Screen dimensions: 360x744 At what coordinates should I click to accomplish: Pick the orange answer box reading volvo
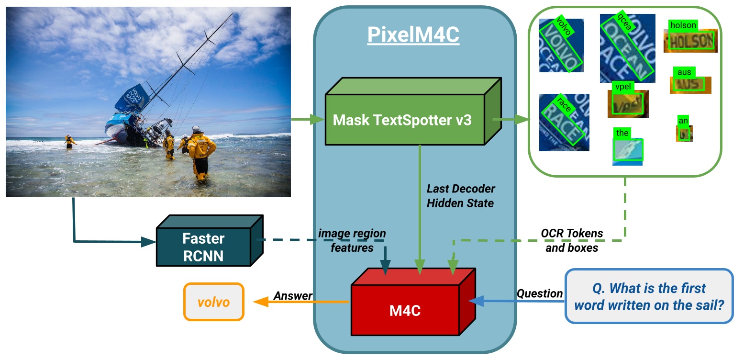pos(213,302)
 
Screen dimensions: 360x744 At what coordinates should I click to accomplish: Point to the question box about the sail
pos(649,296)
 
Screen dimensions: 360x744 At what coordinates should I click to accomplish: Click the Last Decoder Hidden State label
pos(460,196)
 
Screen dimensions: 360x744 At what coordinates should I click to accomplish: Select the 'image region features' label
pos(352,240)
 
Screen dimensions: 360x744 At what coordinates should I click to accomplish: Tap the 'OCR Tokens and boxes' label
pos(572,240)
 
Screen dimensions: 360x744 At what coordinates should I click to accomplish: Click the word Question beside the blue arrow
pos(539,293)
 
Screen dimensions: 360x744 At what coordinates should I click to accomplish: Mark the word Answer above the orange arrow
pos(292,296)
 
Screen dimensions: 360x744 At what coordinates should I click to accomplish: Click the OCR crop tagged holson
pos(690,41)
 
